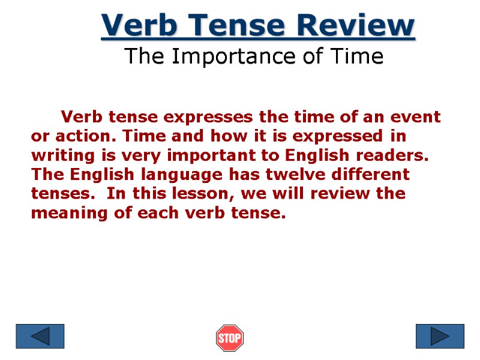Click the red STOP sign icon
229,338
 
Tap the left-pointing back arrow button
40,336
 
